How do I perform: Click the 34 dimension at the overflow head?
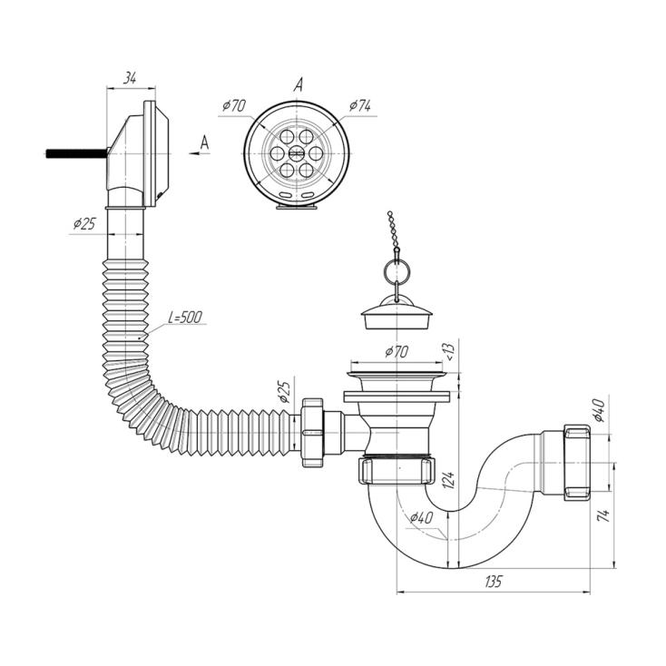coord(130,78)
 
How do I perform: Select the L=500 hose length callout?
coord(185,318)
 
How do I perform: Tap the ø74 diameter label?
coord(359,106)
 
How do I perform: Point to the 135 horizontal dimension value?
coord(494,581)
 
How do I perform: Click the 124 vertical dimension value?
coord(450,480)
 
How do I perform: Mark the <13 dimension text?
coord(450,351)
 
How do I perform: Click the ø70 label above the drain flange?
coord(397,352)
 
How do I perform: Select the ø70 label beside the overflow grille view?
coord(234,105)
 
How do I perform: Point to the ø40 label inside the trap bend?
coord(422,517)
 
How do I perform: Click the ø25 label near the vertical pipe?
coord(84,223)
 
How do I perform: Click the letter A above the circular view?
coord(299,85)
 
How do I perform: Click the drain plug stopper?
coord(397,313)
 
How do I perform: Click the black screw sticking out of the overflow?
coord(75,153)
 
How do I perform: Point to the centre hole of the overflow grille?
coord(297,153)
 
